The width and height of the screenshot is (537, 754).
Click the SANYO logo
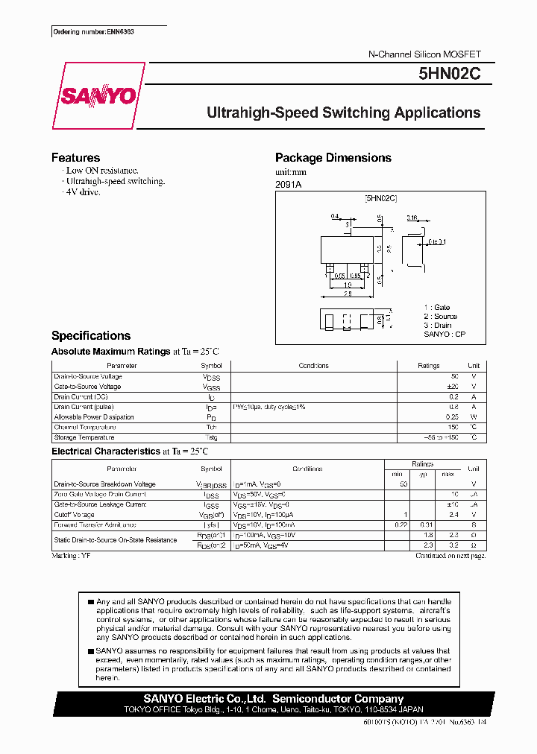[x=98, y=96]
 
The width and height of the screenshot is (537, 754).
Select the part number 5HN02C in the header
[x=450, y=75]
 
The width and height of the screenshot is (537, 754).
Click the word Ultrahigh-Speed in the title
[x=262, y=113]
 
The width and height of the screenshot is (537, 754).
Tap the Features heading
[x=75, y=157]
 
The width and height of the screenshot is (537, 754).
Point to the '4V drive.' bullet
[x=83, y=192]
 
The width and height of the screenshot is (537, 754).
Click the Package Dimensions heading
[x=333, y=157]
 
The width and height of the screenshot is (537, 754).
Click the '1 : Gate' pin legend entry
[x=436, y=307]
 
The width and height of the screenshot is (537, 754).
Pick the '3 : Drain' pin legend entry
[x=437, y=325]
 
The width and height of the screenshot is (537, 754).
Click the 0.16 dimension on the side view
[x=412, y=218]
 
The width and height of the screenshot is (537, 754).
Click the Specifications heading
[x=90, y=335]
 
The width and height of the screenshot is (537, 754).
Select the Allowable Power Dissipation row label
[x=94, y=417]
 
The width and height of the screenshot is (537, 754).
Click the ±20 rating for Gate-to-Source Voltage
[x=452, y=387]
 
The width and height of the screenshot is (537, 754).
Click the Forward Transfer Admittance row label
[x=95, y=525]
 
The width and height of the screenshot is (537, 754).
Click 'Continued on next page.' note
[x=450, y=556]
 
